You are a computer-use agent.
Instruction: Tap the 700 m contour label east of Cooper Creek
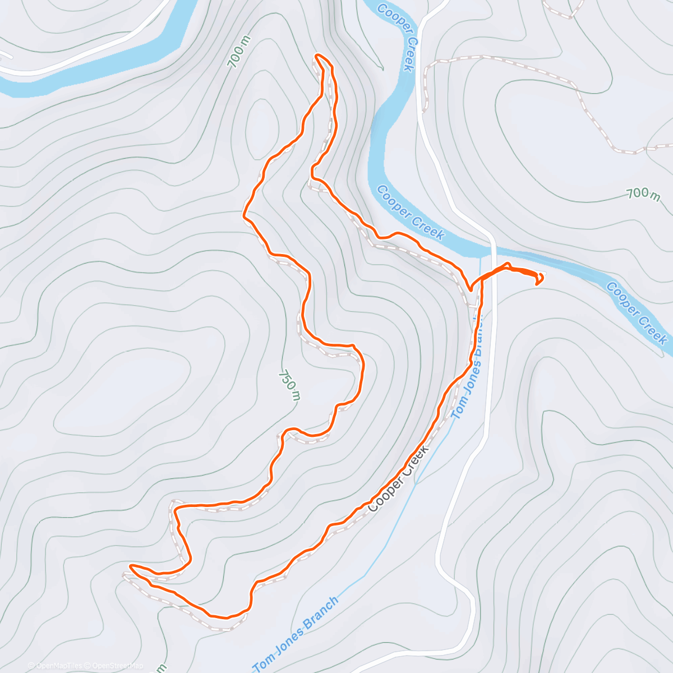point(643,194)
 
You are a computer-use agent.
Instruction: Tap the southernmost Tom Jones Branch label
point(296,634)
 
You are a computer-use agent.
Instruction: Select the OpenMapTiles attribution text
point(56,666)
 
